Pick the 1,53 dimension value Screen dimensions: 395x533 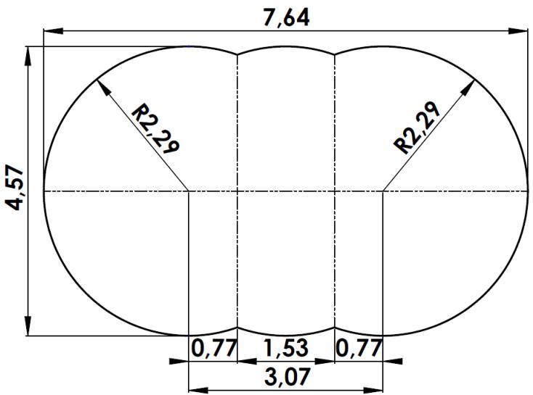pyautogui.click(x=285, y=349)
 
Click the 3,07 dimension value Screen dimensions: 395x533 pyautogui.click(x=285, y=378)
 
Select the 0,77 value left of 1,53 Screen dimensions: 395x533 pyautogui.click(x=214, y=349)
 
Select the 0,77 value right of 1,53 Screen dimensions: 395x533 pyautogui.click(x=359, y=349)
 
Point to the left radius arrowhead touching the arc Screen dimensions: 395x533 pyautogui.click(x=101, y=84)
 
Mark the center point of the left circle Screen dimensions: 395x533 pyautogui.click(x=189, y=191)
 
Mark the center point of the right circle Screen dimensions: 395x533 pyautogui.click(x=383, y=191)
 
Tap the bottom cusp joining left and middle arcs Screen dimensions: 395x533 pyautogui.click(x=237, y=328)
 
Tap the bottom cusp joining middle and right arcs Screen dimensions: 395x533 pyautogui.click(x=334, y=328)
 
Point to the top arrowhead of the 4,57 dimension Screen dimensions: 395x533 pyautogui.click(x=28, y=54)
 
